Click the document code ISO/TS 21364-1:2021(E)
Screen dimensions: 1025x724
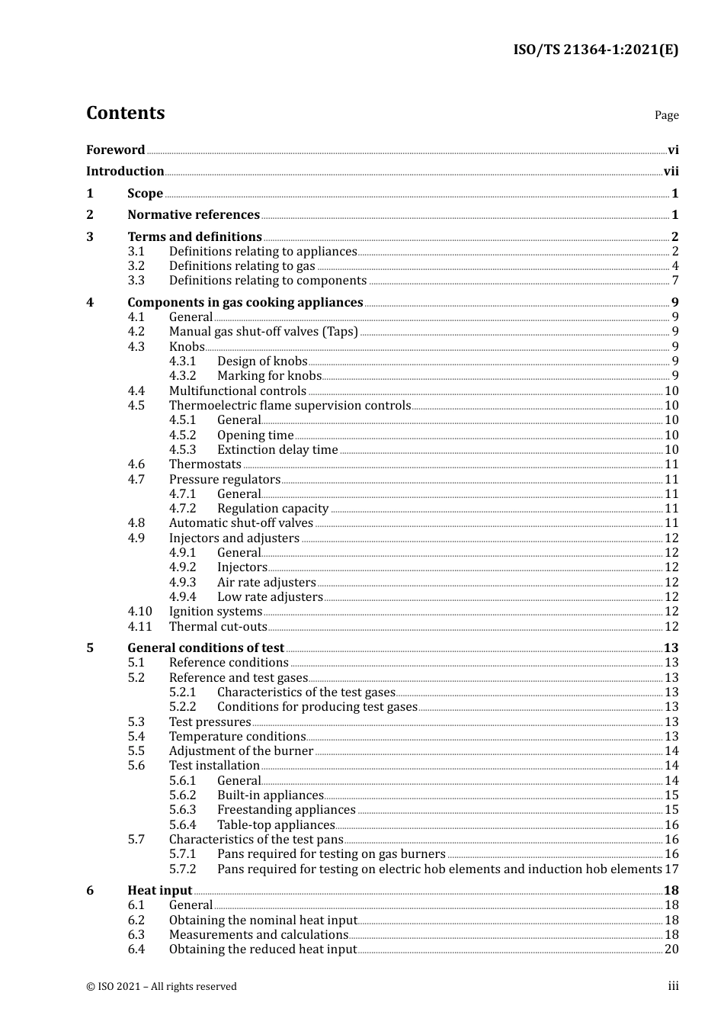tap(595, 50)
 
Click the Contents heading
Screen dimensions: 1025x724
tap(125, 113)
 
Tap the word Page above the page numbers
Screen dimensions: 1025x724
tap(666, 115)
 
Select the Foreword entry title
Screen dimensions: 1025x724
tap(115, 150)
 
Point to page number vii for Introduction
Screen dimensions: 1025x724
tap(671, 172)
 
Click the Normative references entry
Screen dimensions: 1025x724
tap(194, 215)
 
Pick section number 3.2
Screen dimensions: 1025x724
tap(136, 266)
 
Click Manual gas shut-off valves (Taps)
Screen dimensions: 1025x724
tap(263, 332)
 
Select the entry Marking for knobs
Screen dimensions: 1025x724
tap(269, 376)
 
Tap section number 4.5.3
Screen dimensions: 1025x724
tap(182, 450)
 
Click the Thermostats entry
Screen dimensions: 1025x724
tap(205, 464)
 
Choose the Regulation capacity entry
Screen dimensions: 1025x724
tap(273, 509)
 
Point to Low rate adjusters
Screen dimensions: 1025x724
tap(270, 597)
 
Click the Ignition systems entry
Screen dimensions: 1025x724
tap(215, 612)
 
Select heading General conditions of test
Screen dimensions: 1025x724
tap(206, 648)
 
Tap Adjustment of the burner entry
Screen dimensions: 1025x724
tap(241, 751)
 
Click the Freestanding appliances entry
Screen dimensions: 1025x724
tap(286, 810)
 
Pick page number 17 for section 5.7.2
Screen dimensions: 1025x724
tap(671, 869)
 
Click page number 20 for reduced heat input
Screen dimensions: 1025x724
tap(671, 949)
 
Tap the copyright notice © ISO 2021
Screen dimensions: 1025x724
tap(161, 987)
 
